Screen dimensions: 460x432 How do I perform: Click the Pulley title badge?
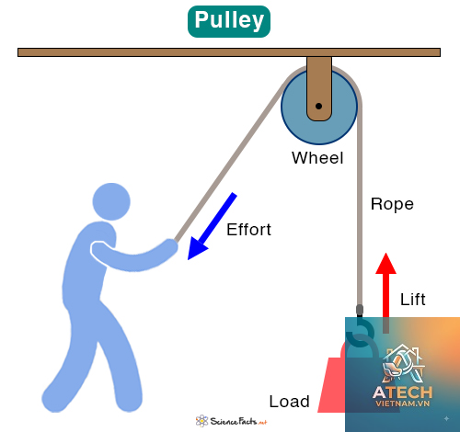tap(229, 21)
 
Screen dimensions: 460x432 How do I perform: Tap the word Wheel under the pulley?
tap(317, 158)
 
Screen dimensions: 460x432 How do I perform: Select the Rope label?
tap(392, 204)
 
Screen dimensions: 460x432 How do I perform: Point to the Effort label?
tap(248, 230)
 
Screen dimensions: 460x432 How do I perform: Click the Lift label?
tap(413, 299)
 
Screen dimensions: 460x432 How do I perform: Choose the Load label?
tap(289, 402)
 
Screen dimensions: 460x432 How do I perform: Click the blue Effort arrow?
tap(213, 226)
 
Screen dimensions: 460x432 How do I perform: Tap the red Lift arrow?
tap(386, 292)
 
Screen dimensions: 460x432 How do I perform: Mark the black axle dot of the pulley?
tap(318, 107)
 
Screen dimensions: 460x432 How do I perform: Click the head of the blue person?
tap(111, 201)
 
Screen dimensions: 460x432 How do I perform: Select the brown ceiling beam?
tap(229, 52)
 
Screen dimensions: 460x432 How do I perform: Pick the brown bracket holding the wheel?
tap(319, 89)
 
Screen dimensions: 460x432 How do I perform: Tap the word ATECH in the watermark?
tap(403, 392)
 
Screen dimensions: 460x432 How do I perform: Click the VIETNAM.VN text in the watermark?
tap(403, 404)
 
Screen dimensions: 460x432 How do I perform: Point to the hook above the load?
tap(361, 334)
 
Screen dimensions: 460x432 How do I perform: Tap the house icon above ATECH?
tap(404, 364)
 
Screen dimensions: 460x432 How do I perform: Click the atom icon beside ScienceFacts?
tap(201, 421)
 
